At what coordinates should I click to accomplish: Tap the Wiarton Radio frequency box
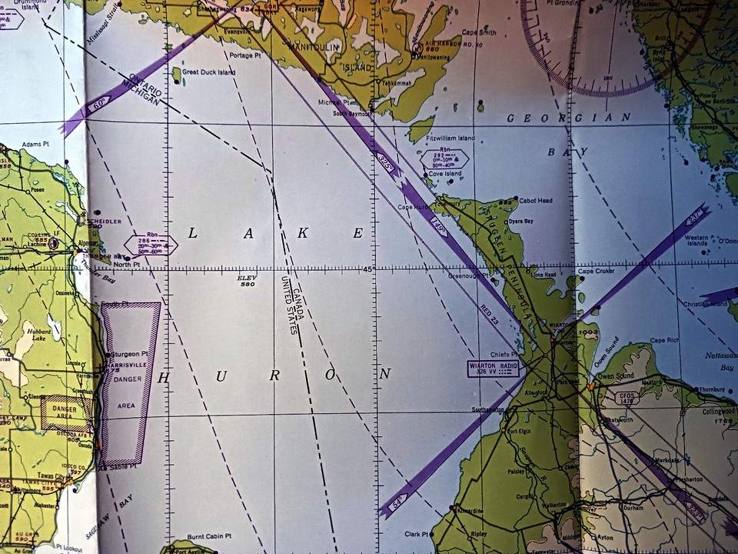pyautogui.click(x=493, y=369)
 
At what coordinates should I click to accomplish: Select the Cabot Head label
pyautogui.click(x=536, y=201)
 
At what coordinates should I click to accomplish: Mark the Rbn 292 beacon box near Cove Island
pyautogui.click(x=444, y=159)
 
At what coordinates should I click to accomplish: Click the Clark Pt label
pyautogui.click(x=416, y=533)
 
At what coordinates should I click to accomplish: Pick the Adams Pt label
pyautogui.click(x=35, y=144)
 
